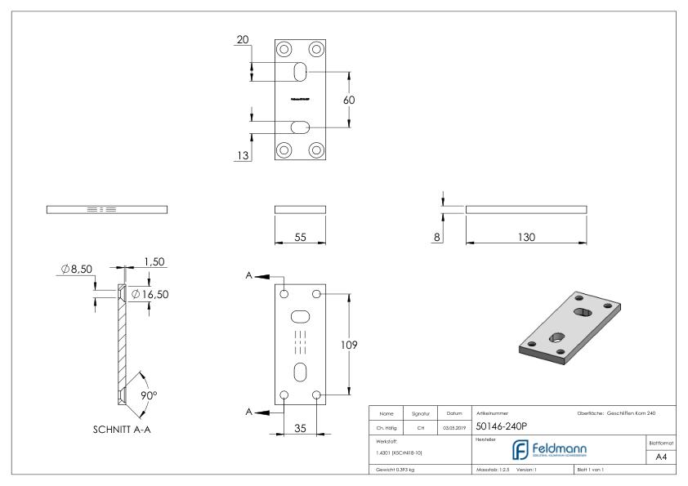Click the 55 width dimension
(x=299, y=237)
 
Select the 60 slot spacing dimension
(x=348, y=100)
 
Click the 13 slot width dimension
(x=241, y=156)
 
